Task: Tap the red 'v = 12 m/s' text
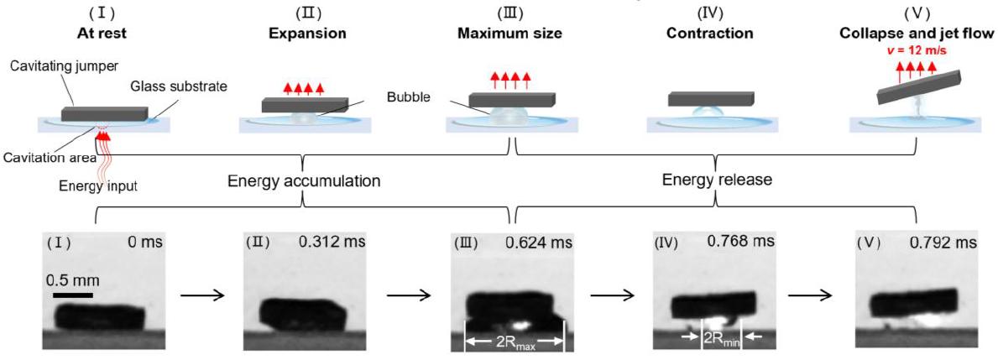[x=918, y=50]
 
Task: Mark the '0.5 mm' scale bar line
[x=72, y=295]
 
